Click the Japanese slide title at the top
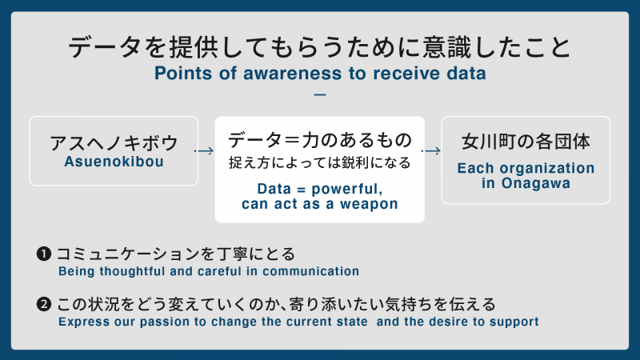pos(320,48)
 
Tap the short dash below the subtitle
pos(320,94)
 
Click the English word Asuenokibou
pos(113,161)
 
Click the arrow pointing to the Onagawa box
pos(432,150)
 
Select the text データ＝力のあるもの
pos(319,141)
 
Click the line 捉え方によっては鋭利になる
pos(319,163)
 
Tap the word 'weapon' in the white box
pos(370,204)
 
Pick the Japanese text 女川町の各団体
pos(526,142)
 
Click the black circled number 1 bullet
pos(43,254)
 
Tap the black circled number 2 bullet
pos(43,305)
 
